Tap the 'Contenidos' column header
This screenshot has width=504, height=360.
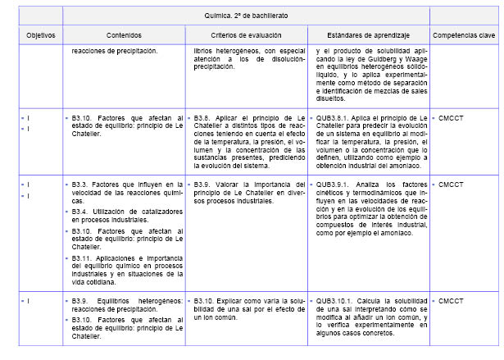click(124, 36)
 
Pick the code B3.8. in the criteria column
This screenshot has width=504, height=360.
click(207, 118)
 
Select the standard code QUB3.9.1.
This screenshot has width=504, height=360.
click(334, 184)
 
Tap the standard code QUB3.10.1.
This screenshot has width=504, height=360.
click(335, 302)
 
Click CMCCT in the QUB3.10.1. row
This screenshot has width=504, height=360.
click(451, 302)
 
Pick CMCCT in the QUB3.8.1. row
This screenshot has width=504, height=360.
click(451, 118)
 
